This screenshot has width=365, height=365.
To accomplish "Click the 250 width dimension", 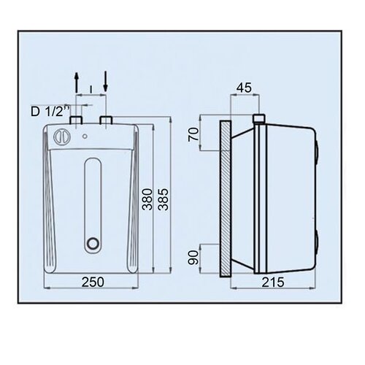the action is pyautogui.click(x=93, y=282).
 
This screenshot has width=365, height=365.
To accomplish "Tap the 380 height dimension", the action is pyautogui.click(x=147, y=199).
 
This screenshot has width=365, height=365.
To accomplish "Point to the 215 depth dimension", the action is pyautogui.click(x=273, y=283).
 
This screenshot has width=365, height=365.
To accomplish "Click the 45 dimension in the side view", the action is pyautogui.click(x=244, y=88).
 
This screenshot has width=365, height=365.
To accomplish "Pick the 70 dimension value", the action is pyautogui.click(x=193, y=134).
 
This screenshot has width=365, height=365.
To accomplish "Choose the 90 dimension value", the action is pyautogui.click(x=193, y=258).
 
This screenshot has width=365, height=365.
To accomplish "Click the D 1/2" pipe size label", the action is pyautogui.click(x=50, y=112).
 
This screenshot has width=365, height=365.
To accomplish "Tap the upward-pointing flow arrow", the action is pyautogui.click(x=77, y=82).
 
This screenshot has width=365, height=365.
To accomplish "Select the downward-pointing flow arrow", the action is pyautogui.click(x=105, y=81).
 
